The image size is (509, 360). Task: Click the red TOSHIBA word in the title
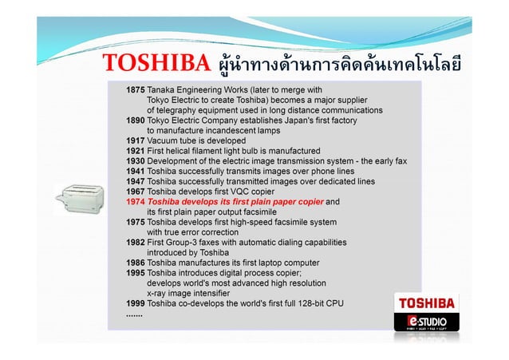tap(156, 63)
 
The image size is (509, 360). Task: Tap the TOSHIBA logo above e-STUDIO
tap(427, 303)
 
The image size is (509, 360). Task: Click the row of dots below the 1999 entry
tap(134, 314)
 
